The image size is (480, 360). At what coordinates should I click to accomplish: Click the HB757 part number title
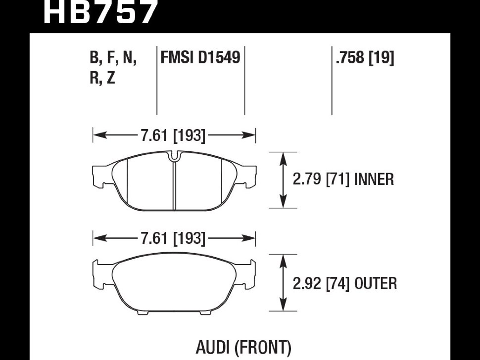point(100,12)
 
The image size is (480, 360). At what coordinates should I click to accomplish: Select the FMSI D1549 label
point(200,58)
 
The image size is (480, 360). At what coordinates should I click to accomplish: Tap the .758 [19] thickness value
point(365,58)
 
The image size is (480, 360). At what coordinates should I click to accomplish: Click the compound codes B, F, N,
point(113,58)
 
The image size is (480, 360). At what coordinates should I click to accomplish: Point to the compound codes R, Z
point(102,78)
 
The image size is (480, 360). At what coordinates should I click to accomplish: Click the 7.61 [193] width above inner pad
point(173,135)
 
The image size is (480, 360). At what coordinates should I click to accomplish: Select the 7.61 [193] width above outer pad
point(173,239)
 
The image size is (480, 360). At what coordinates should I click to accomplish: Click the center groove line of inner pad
point(174,185)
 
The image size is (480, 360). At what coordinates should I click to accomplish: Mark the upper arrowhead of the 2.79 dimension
point(283,157)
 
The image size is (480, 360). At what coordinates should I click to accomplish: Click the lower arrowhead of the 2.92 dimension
point(283,307)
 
